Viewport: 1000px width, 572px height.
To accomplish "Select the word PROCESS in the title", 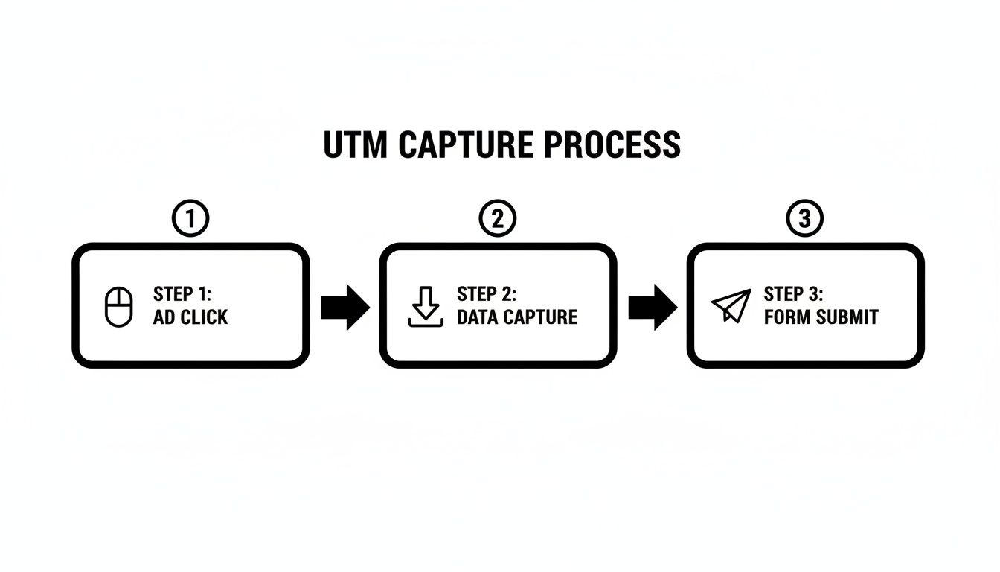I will click(x=612, y=144).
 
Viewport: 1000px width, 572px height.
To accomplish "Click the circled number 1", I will click(x=190, y=219).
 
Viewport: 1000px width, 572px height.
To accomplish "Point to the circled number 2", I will click(x=498, y=219).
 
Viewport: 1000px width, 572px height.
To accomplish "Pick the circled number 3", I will click(x=804, y=219).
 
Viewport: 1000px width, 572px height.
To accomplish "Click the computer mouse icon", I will click(x=118, y=307).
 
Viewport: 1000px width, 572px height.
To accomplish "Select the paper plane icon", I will click(x=731, y=306).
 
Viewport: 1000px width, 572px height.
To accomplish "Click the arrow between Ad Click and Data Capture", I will click(x=344, y=306).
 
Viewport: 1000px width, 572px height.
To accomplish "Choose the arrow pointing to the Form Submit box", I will click(x=652, y=306).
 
